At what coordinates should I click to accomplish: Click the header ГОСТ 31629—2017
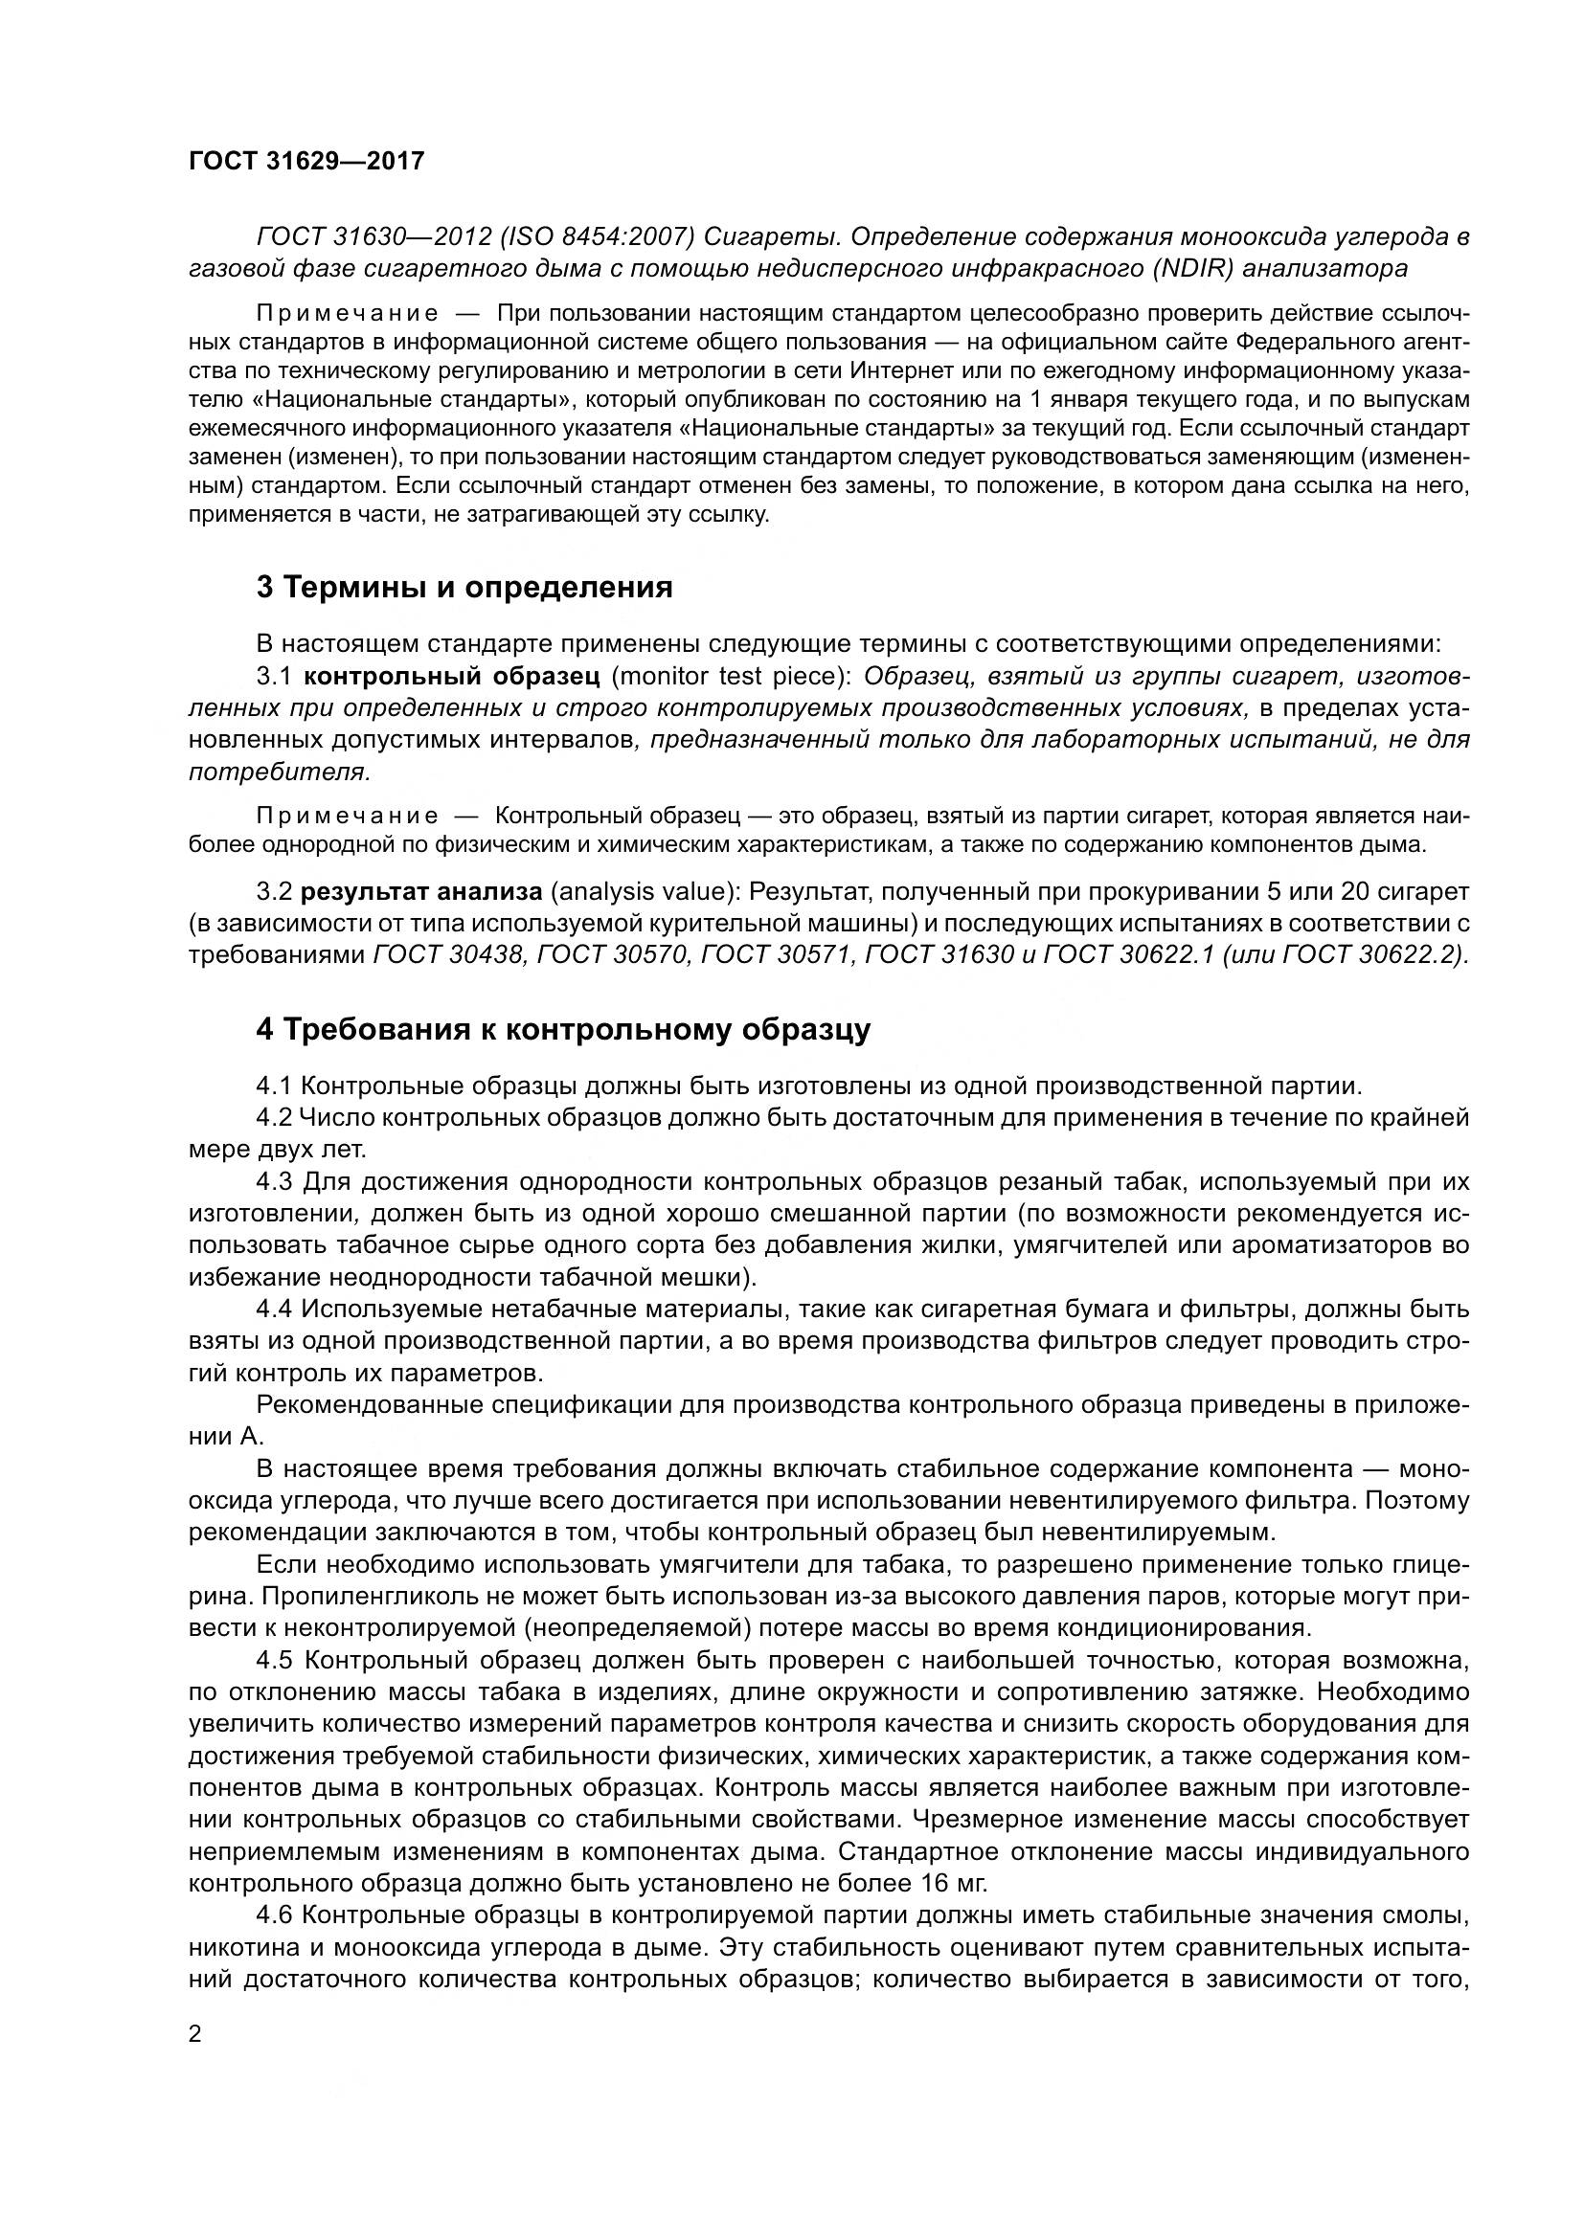[306, 161]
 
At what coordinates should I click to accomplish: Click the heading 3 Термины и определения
[464, 587]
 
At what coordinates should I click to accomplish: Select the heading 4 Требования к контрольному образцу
[563, 1030]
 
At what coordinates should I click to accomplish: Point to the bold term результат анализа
[420, 891]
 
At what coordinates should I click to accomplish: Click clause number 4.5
[276, 1660]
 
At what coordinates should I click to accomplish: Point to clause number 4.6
[276, 1915]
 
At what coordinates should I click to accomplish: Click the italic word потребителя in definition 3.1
[278, 772]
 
